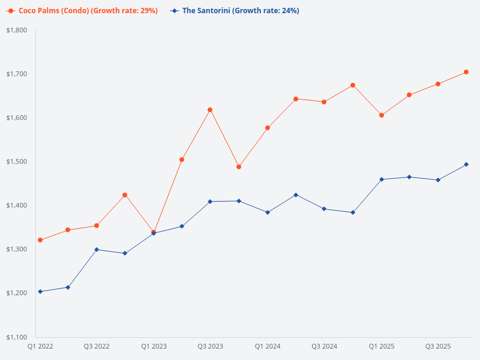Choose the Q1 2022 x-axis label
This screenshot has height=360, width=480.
pos(40,347)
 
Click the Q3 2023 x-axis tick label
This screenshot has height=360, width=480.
pos(211,347)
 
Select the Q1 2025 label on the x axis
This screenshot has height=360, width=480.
pos(382,347)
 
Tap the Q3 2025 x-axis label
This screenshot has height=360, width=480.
pos(438,347)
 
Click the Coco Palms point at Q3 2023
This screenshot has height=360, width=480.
pos(210,110)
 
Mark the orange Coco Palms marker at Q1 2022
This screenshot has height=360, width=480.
pos(40,240)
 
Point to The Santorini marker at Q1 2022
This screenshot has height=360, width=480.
pos(40,292)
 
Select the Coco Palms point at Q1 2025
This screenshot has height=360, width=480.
pos(382,115)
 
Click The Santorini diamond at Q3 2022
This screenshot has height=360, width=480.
pos(97,250)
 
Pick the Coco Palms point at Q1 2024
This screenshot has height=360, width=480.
pos(268,128)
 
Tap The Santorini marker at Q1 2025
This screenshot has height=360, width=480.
pos(382,179)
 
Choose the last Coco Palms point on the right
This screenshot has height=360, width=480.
pos(466,72)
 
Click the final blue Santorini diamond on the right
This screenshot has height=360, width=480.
pos(466,164)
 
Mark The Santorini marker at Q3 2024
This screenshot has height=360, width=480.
pos(324,209)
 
